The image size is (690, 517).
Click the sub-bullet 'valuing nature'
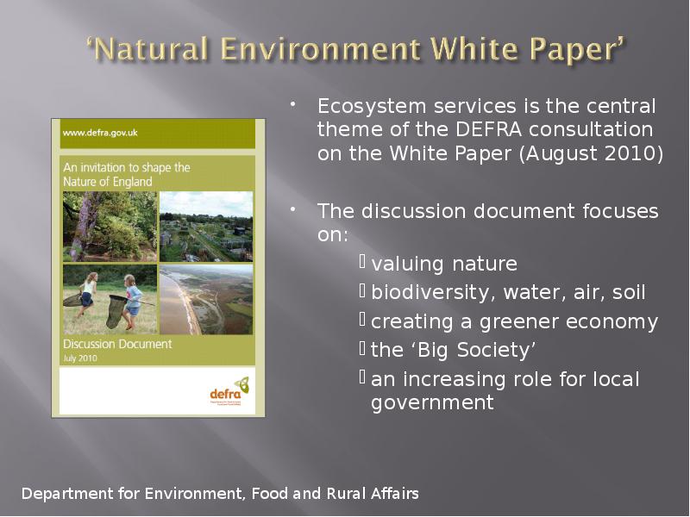click(x=444, y=264)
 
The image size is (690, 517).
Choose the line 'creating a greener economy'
click(x=514, y=322)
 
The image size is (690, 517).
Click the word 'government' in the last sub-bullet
click(x=432, y=402)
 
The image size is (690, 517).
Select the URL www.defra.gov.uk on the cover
click(x=100, y=134)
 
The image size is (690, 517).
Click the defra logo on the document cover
click(x=229, y=390)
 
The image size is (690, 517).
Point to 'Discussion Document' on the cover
click(x=117, y=344)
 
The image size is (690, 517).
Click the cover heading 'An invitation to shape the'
click(x=126, y=167)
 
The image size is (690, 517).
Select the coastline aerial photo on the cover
click(x=206, y=298)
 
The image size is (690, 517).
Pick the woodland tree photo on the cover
click(x=110, y=226)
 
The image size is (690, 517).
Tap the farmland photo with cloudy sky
click(x=206, y=226)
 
